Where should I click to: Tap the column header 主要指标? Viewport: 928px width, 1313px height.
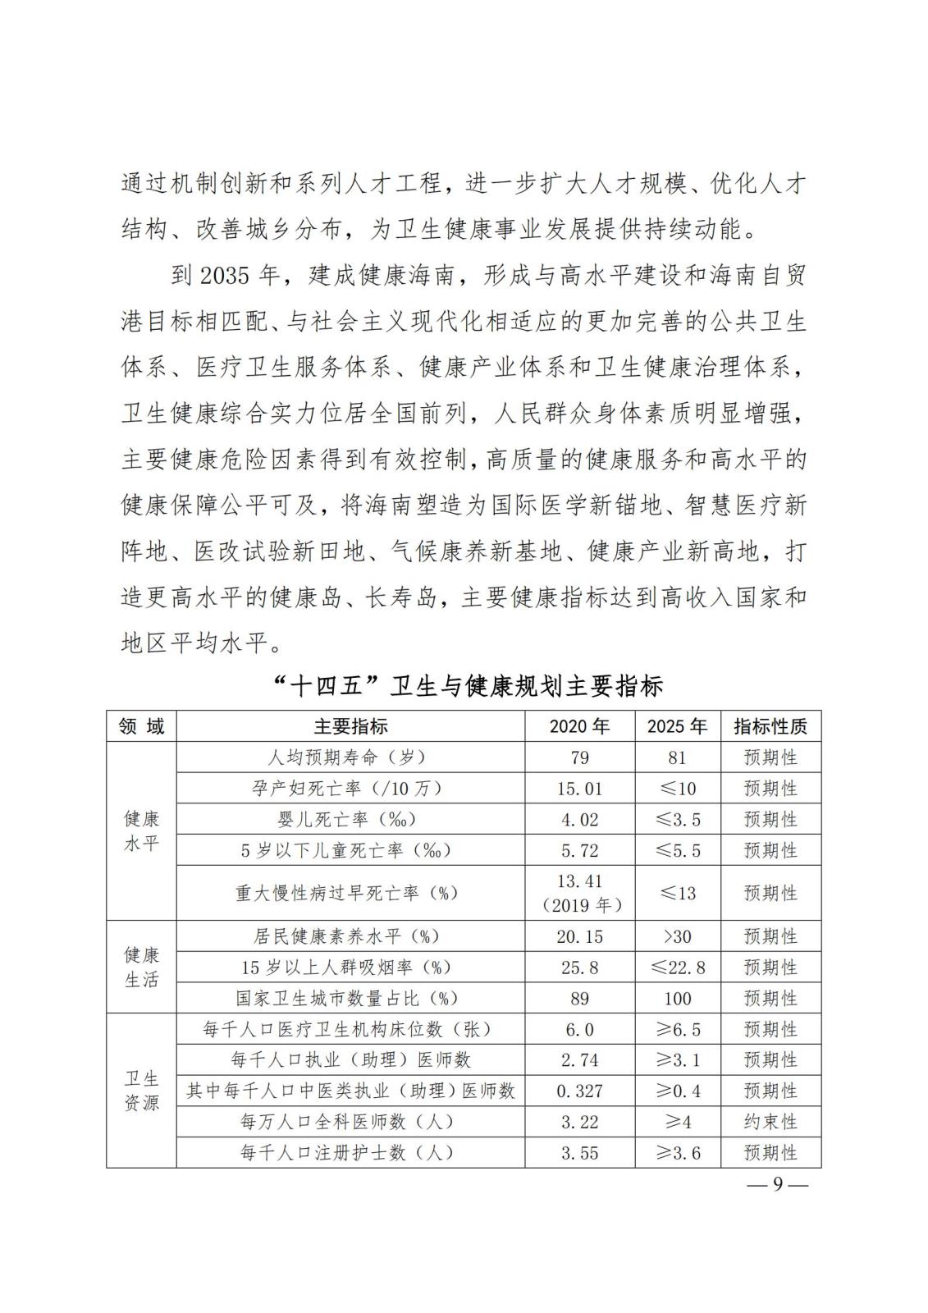click(350, 726)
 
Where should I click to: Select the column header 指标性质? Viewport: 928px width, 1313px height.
click(770, 726)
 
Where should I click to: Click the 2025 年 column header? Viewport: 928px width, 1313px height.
click(677, 726)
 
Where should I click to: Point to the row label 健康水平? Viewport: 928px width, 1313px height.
click(141, 830)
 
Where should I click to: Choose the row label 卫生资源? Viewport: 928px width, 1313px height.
click(141, 1091)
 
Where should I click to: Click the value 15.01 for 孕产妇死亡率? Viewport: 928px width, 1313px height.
click(579, 789)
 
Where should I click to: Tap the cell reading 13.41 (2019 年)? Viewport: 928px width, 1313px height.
click(579, 893)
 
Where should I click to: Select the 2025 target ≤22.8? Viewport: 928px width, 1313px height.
click(678, 968)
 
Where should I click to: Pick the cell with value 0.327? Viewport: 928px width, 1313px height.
click(579, 1091)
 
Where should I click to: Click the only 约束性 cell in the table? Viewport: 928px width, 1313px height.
click(770, 1122)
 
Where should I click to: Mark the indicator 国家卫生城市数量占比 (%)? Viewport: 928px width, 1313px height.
click(347, 999)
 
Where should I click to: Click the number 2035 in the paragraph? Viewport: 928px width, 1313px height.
click(224, 276)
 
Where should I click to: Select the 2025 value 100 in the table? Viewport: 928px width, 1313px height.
click(678, 999)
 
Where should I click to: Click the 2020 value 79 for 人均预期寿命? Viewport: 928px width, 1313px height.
click(579, 757)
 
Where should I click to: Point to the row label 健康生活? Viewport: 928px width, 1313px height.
click(141, 968)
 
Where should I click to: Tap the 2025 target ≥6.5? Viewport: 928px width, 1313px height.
click(678, 1030)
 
